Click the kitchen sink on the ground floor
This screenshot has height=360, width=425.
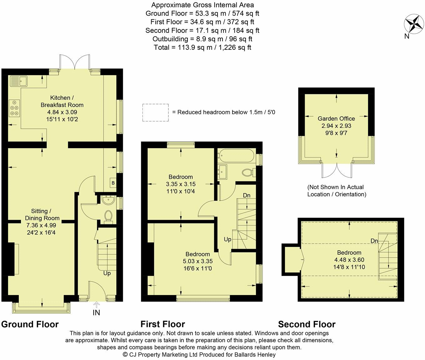click(18, 81)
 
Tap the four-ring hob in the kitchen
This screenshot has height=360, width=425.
click(14, 108)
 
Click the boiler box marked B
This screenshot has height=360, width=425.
click(113, 183)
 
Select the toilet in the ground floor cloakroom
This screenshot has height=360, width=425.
click(108, 217)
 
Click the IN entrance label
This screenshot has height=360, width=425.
click(96, 312)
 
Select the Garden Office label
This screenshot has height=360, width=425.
click(336, 118)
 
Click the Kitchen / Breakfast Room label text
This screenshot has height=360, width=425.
click(62, 101)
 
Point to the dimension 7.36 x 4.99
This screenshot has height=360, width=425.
click(41, 225)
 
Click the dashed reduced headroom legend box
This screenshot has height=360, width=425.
click(155, 112)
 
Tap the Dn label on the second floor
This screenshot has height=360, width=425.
click(374, 241)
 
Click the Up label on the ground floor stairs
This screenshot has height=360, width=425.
click(107, 273)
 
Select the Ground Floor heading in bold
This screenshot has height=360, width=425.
click(30, 324)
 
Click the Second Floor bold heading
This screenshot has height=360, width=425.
click(307, 324)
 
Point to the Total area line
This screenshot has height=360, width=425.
click(202, 47)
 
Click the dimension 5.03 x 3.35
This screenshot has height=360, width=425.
click(197, 261)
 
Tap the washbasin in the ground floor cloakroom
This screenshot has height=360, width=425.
click(108, 200)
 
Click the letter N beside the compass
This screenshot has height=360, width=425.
click(407, 36)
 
